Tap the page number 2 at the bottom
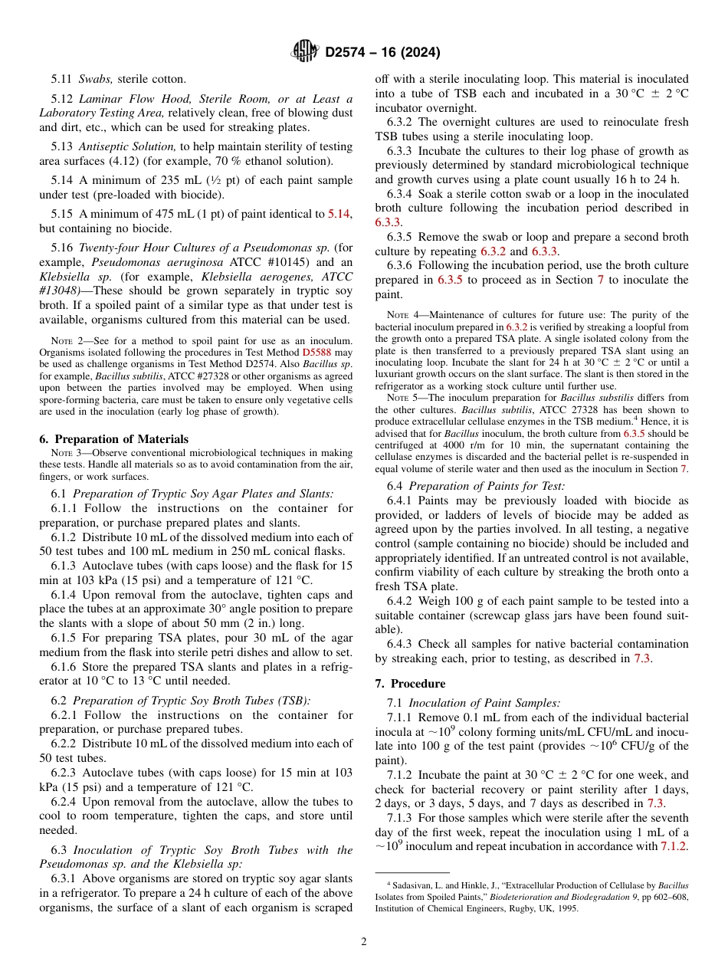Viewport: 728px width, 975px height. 363,941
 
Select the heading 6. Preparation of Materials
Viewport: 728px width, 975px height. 113,439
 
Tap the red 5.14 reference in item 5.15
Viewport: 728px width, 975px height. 340,214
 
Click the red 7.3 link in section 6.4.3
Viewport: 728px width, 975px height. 642,658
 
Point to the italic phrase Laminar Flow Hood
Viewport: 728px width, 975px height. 123,99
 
